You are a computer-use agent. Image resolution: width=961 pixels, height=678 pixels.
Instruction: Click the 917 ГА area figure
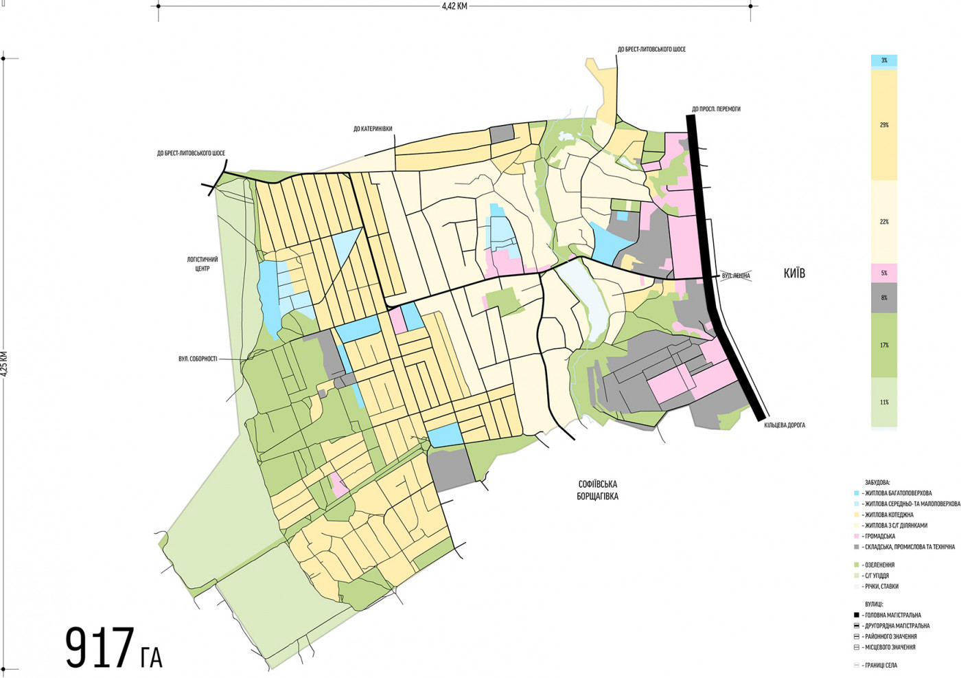pyautogui.click(x=113, y=648)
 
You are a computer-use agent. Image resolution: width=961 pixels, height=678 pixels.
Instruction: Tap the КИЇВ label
pyautogui.click(x=794, y=273)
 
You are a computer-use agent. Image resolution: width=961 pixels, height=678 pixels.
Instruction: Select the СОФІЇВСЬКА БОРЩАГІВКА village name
pyautogui.click(x=597, y=490)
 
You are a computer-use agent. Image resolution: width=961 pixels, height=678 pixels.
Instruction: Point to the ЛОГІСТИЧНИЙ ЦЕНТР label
pyautogui.click(x=202, y=264)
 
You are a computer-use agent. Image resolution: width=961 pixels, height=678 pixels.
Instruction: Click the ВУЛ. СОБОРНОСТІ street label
pyautogui.click(x=198, y=359)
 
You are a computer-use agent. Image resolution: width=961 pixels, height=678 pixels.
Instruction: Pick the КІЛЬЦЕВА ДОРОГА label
pyautogui.click(x=785, y=425)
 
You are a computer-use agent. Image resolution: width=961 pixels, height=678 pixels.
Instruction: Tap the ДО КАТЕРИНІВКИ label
pyautogui.click(x=373, y=128)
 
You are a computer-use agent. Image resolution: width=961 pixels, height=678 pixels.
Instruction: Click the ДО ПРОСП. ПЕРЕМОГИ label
pyautogui.click(x=716, y=109)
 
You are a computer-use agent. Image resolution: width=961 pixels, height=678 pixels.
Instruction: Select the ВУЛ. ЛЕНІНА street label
pyautogui.click(x=736, y=276)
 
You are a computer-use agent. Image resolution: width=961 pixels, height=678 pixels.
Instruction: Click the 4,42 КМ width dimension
pyautogui.click(x=454, y=6)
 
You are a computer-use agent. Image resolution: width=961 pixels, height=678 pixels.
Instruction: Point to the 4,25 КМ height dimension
pyautogui.click(x=4, y=363)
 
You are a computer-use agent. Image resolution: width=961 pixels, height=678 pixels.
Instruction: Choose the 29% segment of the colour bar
pyautogui.click(x=884, y=125)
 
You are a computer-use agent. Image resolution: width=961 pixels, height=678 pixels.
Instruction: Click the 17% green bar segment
pyautogui.click(x=884, y=345)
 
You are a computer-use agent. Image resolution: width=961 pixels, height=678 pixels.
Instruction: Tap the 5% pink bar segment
pyautogui.click(x=884, y=273)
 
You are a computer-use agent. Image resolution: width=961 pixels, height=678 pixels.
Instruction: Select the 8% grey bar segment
pyautogui.click(x=884, y=297)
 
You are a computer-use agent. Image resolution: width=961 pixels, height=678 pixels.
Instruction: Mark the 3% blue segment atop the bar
pyautogui.click(x=884, y=60)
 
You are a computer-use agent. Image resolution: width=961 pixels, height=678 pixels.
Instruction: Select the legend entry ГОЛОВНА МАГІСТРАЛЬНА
pyautogui.click(x=891, y=615)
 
